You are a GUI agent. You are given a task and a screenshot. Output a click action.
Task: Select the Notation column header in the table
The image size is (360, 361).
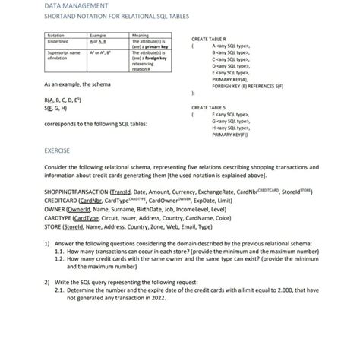click(x=56, y=35)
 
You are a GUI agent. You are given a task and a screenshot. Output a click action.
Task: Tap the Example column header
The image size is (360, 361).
click(x=97, y=35)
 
